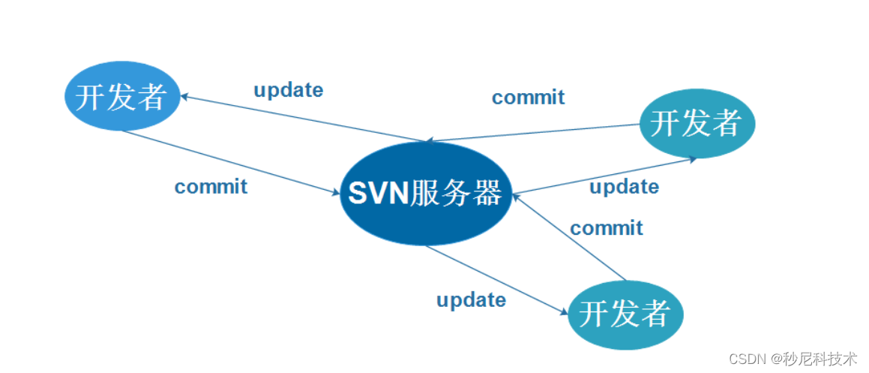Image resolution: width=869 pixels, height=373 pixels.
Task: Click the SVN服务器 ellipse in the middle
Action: click(x=425, y=194)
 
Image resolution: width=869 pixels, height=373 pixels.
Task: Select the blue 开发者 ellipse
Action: click(x=122, y=96)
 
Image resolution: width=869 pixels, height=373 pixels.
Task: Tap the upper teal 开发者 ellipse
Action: click(x=697, y=122)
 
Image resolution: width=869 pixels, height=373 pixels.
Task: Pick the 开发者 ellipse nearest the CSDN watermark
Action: click(x=625, y=313)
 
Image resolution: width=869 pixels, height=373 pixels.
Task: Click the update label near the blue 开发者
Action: click(x=289, y=91)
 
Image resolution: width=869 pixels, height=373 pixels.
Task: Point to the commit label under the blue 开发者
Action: click(x=211, y=186)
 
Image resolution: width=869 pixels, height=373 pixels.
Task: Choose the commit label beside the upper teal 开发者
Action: click(x=528, y=98)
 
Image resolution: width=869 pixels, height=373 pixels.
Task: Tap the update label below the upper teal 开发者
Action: click(x=624, y=186)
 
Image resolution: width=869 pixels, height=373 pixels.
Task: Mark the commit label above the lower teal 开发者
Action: click(x=606, y=227)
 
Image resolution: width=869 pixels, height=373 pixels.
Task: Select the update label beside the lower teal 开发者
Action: click(x=471, y=300)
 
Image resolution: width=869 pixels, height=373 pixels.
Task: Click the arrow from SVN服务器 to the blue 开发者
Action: click(x=300, y=118)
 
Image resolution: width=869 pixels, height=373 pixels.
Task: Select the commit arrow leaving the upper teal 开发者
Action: click(x=532, y=132)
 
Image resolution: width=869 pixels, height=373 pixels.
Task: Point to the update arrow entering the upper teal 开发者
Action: click(x=600, y=176)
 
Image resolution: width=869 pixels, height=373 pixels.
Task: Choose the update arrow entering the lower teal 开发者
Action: click(x=495, y=280)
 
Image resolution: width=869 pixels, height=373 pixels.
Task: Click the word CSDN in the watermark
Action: click(x=745, y=358)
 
